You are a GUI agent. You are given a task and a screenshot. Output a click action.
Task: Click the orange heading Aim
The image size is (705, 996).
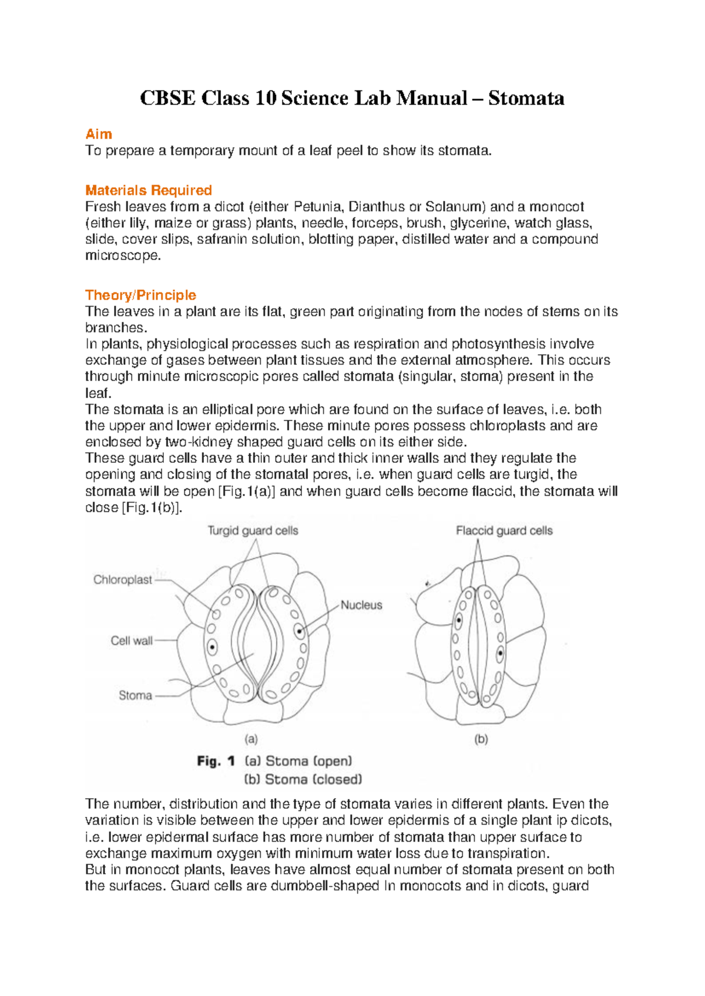pos(98,134)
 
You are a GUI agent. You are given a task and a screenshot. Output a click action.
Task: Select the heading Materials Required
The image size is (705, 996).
pos(148,190)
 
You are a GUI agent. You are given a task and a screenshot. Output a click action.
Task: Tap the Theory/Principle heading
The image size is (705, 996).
pos(140,295)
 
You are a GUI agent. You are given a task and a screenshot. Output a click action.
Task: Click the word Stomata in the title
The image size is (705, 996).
pos(526,97)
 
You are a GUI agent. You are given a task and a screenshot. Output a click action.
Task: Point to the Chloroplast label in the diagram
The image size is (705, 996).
pos(122,580)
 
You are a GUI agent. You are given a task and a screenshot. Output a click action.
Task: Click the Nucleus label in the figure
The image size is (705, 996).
pos(361,605)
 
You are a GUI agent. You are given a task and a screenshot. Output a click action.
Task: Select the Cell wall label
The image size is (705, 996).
pos(131,641)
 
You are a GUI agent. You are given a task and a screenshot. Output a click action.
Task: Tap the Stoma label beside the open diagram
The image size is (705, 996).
pos(135,695)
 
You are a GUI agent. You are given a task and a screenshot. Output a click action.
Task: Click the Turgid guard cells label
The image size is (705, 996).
pos(253,531)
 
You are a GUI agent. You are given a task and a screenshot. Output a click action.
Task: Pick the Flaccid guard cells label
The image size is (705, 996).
pos(504,531)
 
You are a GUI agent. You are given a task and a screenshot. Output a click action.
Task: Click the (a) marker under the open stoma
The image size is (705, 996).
pos(251,739)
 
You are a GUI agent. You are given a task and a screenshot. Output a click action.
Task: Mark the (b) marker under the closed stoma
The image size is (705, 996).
pos(481,739)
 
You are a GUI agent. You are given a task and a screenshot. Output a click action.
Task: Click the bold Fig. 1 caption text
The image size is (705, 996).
pos(216,762)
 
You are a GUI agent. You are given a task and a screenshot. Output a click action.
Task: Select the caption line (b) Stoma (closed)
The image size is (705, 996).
pos(303,779)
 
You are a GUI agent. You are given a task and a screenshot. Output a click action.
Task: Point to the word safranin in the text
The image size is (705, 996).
pos(222,239)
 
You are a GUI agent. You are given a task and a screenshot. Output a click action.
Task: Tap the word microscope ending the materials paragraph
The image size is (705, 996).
pos(122,255)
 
